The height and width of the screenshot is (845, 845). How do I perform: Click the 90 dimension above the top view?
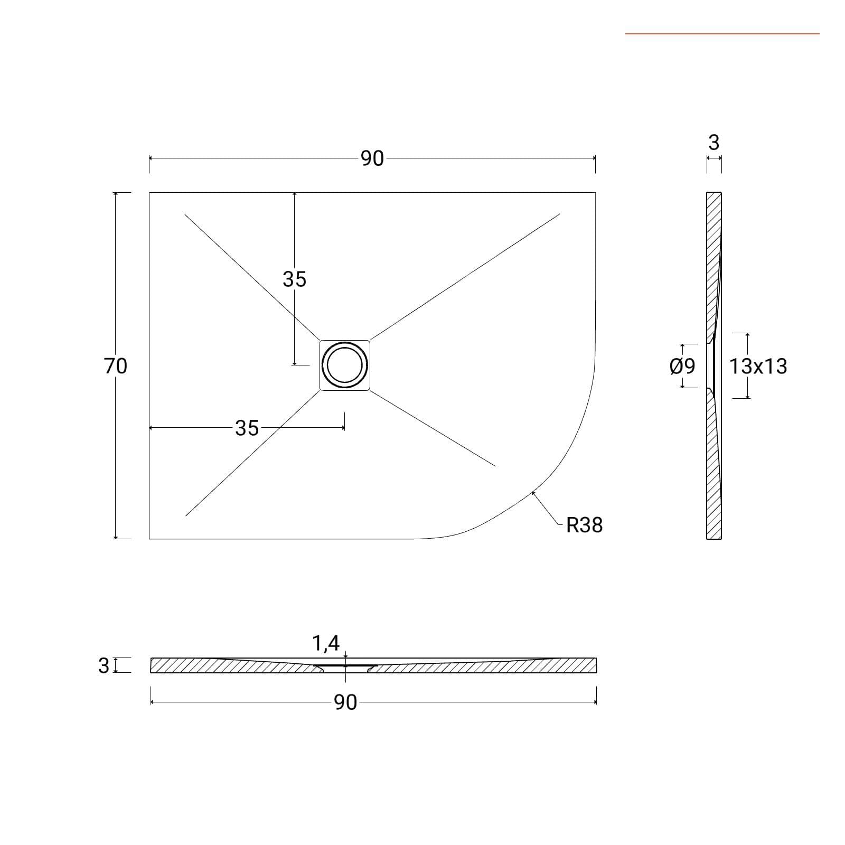[x=372, y=158]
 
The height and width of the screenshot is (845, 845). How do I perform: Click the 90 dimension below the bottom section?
[x=345, y=702]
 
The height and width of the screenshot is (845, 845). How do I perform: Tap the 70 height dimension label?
[x=115, y=365]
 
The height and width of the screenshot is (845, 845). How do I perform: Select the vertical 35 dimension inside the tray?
[x=294, y=279]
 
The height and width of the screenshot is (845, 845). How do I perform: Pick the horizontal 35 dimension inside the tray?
[x=247, y=428]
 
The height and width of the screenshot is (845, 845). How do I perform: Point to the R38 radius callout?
[x=584, y=525]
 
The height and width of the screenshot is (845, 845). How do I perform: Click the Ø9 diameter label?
[x=682, y=365]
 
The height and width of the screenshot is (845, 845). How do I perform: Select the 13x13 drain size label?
[x=758, y=365]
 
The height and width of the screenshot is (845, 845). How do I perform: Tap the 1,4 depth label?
[x=326, y=643]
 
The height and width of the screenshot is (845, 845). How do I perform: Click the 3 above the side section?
[x=713, y=143]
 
